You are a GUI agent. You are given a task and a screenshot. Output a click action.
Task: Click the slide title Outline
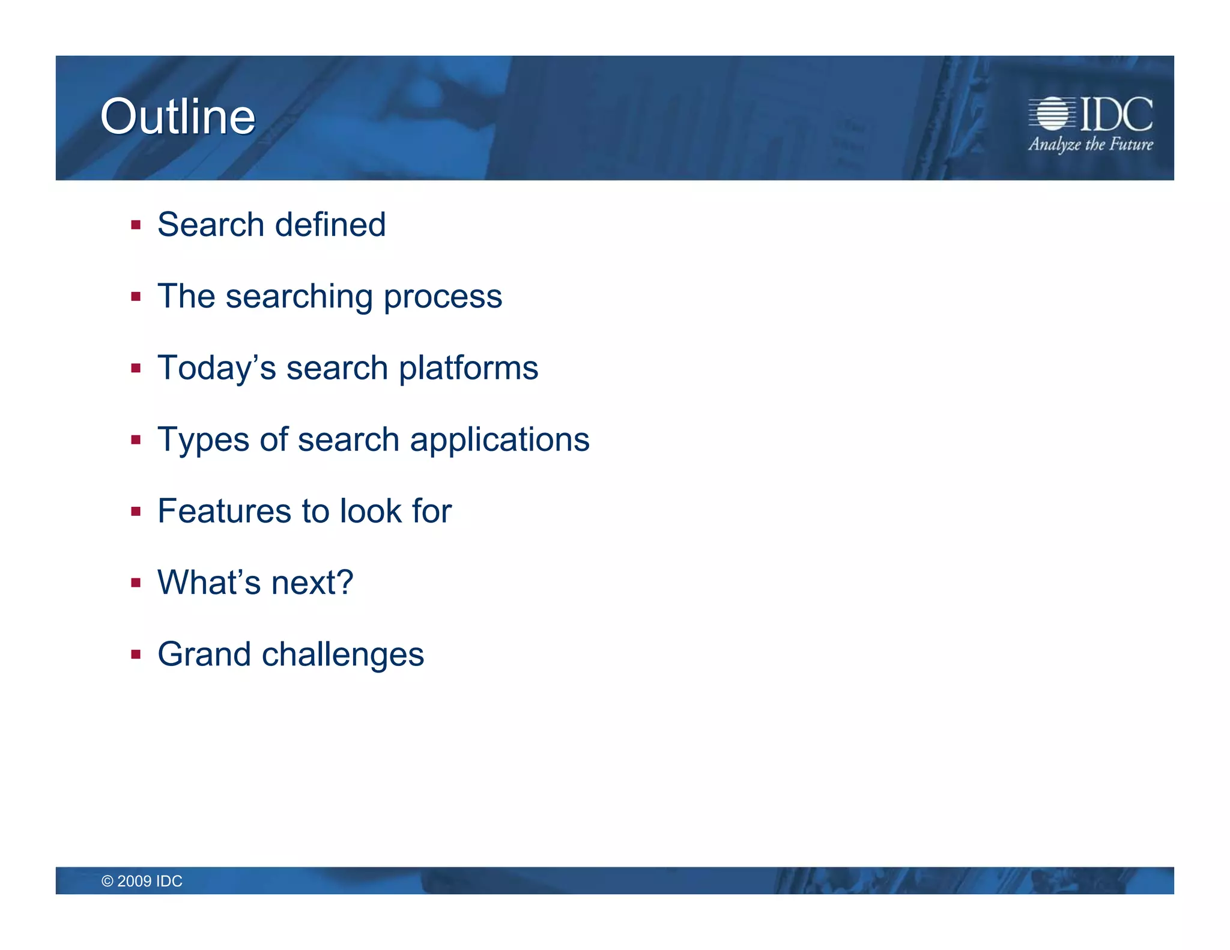[178, 116]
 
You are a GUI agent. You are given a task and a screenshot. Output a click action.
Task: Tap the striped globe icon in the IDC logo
[1052, 113]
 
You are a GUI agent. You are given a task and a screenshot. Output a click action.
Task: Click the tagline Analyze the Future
[1091, 145]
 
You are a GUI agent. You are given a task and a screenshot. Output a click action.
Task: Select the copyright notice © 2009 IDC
[142, 881]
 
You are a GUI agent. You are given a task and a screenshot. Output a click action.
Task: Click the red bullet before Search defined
[136, 225]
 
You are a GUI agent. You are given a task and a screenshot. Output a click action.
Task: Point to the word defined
[330, 225]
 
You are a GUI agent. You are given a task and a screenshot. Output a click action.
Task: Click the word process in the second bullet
[443, 297]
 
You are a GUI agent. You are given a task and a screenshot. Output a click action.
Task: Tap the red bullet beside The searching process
[136, 297]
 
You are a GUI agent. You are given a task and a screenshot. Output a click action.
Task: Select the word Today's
[217, 368]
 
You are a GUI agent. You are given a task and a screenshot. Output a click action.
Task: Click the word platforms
[468, 368]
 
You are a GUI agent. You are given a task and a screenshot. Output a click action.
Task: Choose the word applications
[500, 440]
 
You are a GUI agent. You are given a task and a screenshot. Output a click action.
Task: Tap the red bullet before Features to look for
[136, 512]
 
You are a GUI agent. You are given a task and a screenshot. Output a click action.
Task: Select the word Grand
[204, 654]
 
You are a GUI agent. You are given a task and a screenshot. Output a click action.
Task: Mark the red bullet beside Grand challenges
[136, 655]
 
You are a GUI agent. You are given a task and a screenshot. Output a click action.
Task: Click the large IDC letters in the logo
[1116, 114]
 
